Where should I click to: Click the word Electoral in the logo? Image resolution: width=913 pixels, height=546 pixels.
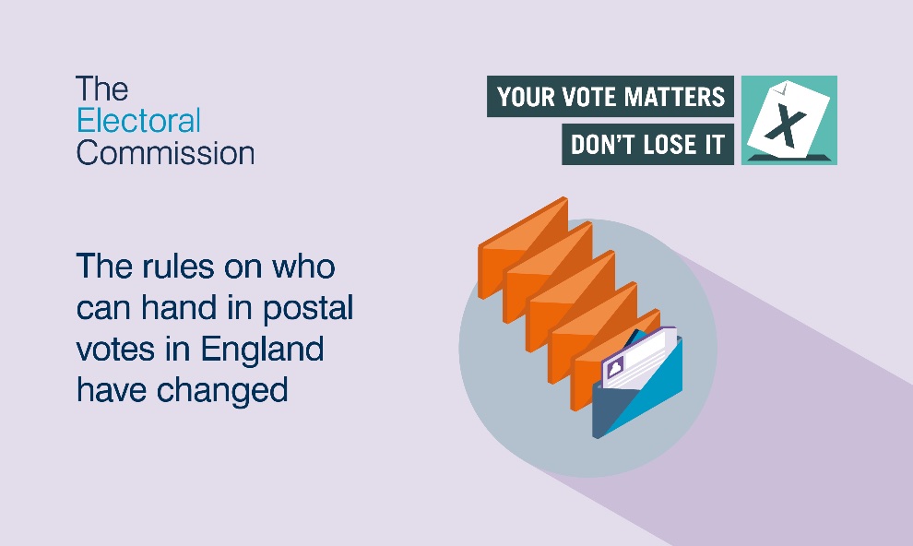pos(138,121)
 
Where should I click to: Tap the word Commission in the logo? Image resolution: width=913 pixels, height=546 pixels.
pos(165,153)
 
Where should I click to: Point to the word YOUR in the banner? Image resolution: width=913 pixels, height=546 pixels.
pos(526,97)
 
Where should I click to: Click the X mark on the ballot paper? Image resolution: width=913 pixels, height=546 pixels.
pos(786,127)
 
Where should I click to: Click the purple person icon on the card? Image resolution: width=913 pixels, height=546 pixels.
pos(615,367)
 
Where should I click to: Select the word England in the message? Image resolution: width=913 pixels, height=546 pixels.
pos(262,350)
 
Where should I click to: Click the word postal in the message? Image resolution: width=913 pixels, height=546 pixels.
pos(308,308)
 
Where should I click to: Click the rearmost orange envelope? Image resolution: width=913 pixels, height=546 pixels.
pos(523,246)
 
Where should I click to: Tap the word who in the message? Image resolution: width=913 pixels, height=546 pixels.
pos(304,267)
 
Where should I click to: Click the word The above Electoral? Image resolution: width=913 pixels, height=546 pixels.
pos(101,89)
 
